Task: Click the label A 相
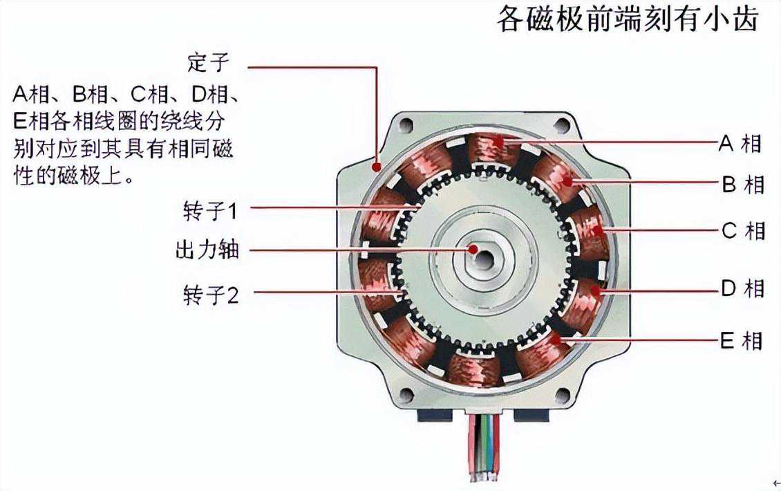click(740, 143)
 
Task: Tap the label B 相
click(743, 185)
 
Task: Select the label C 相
click(743, 231)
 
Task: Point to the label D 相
click(743, 288)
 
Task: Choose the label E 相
click(742, 341)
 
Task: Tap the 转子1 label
click(211, 211)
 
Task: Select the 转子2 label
click(211, 295)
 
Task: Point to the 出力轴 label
click(207, 249)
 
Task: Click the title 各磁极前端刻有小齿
click(628, 19)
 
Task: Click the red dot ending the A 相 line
click(498, 142)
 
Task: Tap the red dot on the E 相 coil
click(557, 340)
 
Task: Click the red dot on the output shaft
click(473, 249)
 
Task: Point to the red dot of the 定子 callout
click(377, 166)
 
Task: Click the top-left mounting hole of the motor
click(406, 124)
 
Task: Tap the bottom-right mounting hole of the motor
click(563, 396)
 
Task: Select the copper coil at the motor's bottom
click(473, 369)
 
